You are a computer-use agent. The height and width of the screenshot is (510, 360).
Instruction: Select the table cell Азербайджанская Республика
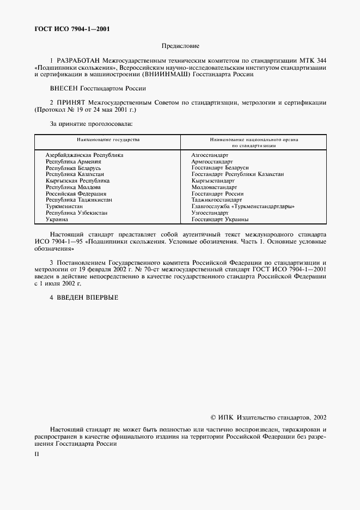[x=84, y=155]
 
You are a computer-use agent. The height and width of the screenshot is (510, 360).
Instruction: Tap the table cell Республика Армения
[x=74, y=162]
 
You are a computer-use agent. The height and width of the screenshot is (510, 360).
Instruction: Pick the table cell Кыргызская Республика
[x=78, y=180]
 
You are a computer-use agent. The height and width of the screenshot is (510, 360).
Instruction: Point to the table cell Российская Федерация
[x=76, y=193]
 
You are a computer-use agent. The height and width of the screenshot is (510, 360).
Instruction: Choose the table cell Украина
[x=57, y=220]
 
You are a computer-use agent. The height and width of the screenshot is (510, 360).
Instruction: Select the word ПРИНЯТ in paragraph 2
[x=71, y=102]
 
